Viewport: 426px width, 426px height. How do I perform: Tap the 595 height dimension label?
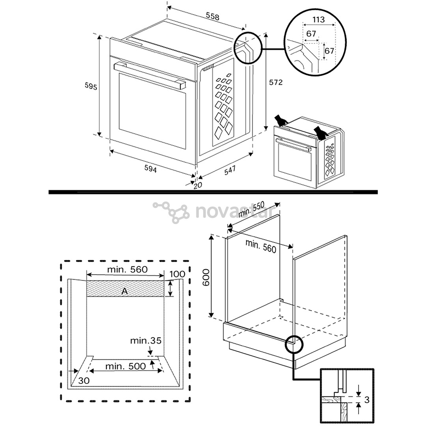coord(91,86)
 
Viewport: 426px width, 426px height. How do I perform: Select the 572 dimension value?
coord(276,82)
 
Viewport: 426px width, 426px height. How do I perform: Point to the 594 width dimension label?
coord(150,169)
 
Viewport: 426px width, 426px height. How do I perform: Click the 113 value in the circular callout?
coord(318,20)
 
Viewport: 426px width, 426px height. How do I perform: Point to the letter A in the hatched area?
coord(125,291)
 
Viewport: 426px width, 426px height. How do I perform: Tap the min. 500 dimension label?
coord(125,366)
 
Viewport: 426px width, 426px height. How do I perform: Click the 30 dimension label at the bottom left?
coord(84,381)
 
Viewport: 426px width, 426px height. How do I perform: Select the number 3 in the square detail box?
coord(366,400)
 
